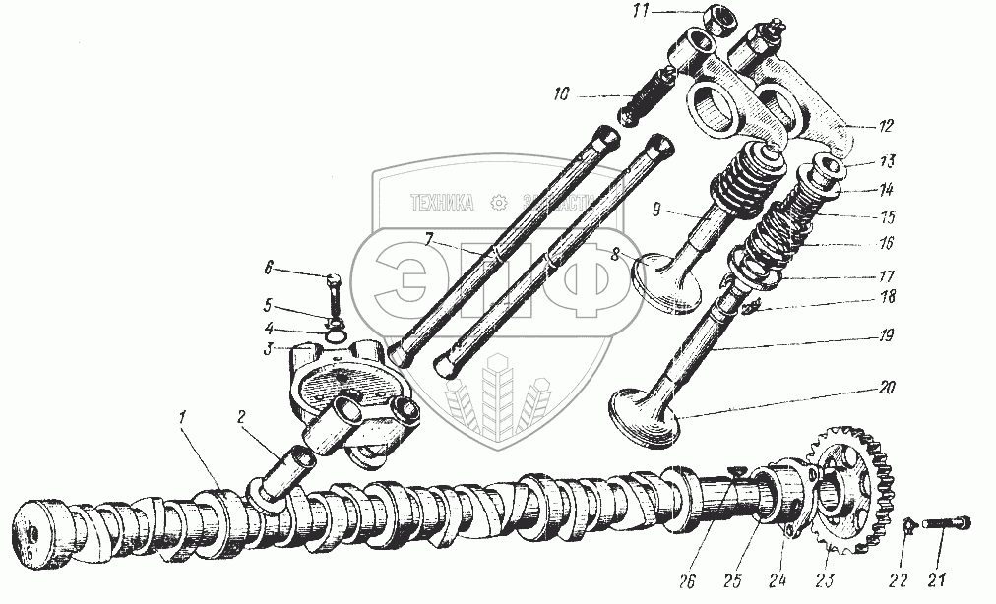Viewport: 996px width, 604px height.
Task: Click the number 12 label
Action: pos(886,126)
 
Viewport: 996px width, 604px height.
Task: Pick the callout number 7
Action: pos(430,240)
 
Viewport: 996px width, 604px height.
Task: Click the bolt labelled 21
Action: pos(946,524)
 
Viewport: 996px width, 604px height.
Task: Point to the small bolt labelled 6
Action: pos(332,293)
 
